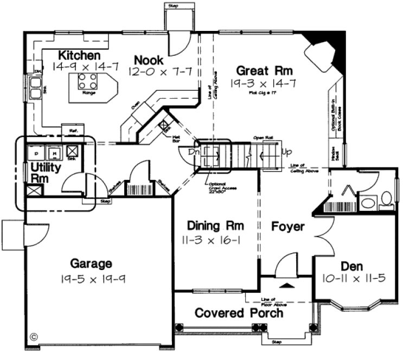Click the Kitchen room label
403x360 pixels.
point(79,55)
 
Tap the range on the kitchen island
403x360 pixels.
point(88,82)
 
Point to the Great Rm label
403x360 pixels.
point(265,70)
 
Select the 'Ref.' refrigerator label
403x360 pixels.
point(72,131)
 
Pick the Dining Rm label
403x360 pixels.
point(214,225)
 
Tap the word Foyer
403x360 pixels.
point(287,227)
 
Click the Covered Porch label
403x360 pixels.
point(239,313)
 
